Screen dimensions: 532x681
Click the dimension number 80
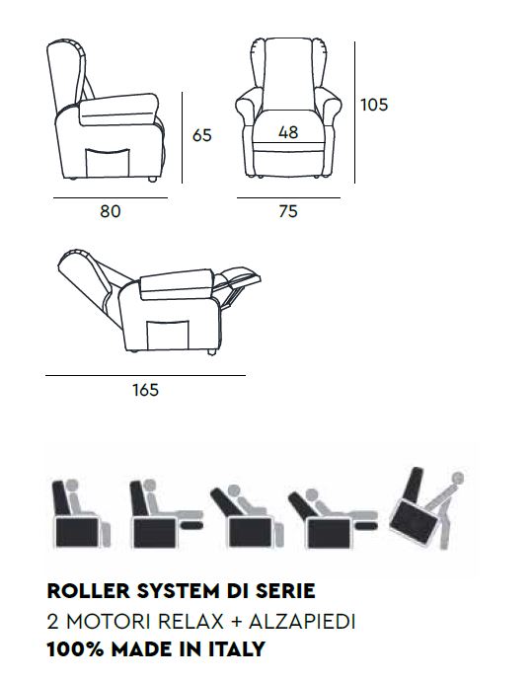click(111, 211)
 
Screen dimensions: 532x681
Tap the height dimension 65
click(202, 135)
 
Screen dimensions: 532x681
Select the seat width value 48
click(288, 132)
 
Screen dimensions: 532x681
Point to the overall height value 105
click(374, 105)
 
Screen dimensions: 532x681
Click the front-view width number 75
click(288, 211)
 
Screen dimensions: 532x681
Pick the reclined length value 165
click(145, 390)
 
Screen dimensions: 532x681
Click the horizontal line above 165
click(145, 375)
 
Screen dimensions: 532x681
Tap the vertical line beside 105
click(354, 113)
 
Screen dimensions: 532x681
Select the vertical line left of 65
click(182, 137)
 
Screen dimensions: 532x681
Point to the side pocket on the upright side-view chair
click(108, 163)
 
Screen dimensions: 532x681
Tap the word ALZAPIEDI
click(302, 622)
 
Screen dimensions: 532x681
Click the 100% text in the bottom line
click(75, 649)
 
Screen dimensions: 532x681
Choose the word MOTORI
click(109, 622)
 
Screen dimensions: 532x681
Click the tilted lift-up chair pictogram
click(426, 508)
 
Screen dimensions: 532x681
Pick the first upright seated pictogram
click(81, 514)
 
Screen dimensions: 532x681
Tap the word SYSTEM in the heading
click(178, 591)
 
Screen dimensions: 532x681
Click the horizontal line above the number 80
click(111, 198)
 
